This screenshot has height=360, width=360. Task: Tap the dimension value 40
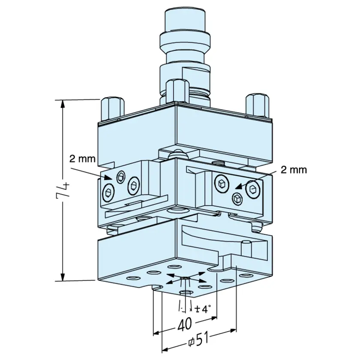185,324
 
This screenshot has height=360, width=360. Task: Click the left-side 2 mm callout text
82,159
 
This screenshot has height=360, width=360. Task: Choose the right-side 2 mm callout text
294,170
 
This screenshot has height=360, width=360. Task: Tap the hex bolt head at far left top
112,108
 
